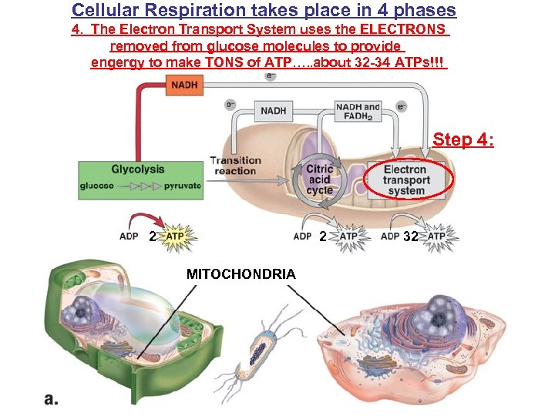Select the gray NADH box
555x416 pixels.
pos(274,111)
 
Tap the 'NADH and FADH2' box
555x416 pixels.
pos(358,111)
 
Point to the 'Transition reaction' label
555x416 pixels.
pos(235,166)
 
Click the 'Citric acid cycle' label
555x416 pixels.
pos(319,179)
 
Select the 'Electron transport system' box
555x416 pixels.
pos(405,180)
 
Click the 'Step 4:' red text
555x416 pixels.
pos(463,140)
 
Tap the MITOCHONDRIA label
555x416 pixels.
pos(240,273)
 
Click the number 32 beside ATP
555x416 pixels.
pos(410,237)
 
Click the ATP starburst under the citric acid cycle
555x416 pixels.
pos(348,236)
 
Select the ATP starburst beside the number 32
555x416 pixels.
pos(436,236)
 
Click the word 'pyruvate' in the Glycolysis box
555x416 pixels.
pos(182,186)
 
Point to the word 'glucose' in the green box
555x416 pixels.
pos(97,186)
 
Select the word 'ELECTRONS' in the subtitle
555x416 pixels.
pos(400,29)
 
